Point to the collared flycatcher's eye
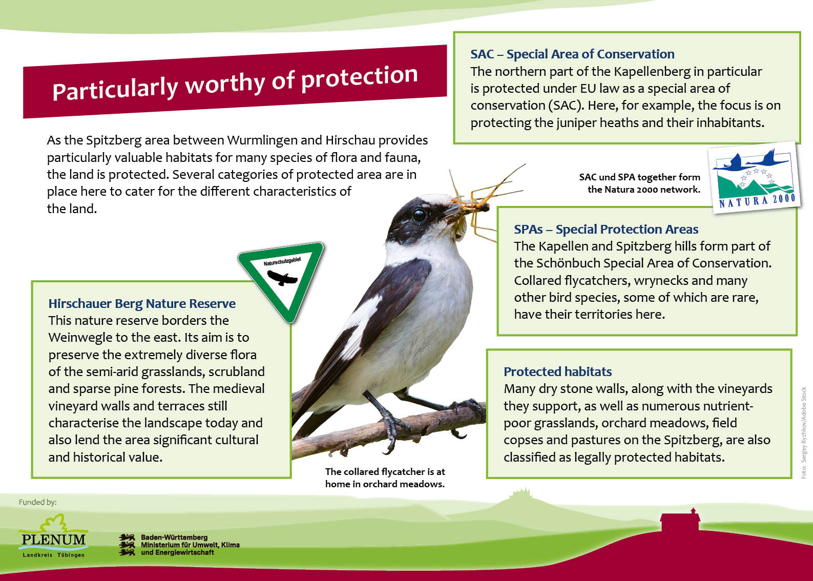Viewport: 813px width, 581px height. coord(419,215)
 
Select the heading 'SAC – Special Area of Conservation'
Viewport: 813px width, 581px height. coord(572,54)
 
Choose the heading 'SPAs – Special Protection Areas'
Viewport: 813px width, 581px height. coord(606,230)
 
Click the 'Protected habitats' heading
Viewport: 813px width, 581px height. coord(557,371)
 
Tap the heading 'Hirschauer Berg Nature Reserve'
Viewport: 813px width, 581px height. coord(142,303)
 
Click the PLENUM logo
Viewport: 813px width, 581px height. coord(54,535)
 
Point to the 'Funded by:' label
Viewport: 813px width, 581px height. coord(38,502)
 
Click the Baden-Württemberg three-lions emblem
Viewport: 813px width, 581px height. coord(127,545)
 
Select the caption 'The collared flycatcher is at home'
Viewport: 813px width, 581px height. coord(385,478)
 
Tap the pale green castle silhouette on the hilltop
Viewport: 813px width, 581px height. coord(521,495)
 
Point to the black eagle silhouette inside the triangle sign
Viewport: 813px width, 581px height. coord(282,278)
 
